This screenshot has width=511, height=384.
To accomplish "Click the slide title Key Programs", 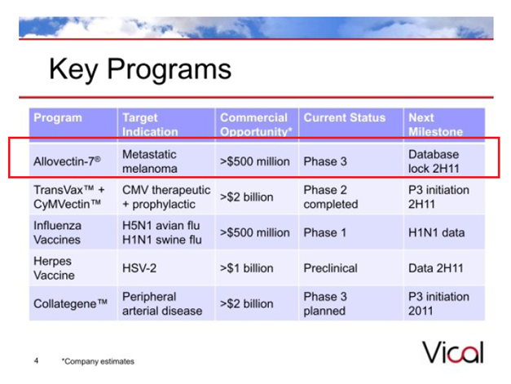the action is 140,69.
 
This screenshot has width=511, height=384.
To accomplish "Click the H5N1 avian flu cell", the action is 161,225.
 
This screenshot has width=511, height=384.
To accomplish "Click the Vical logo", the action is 453,352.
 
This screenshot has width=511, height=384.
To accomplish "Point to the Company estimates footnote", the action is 98,361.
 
